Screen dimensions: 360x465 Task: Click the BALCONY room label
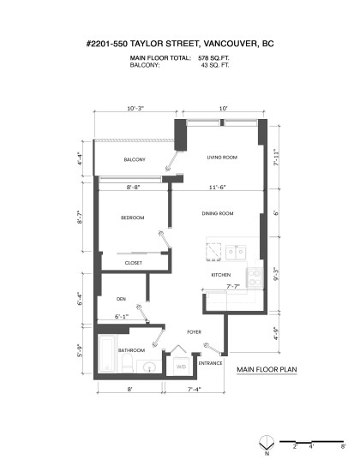135,159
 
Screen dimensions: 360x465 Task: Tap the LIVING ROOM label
222,158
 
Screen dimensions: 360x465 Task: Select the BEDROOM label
132,218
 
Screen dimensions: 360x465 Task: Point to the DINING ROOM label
218,213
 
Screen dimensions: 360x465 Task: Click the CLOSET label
133,263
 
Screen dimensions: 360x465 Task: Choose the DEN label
121,299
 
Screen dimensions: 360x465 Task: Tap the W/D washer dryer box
182,367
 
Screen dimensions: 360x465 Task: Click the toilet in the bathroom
129,362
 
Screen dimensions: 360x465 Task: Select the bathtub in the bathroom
107,354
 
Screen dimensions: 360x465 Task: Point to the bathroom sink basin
149,367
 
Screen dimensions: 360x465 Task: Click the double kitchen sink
236,253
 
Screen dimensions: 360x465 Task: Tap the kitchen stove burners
255,277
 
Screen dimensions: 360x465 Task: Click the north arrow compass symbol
267,444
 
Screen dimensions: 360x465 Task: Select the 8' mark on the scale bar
343,447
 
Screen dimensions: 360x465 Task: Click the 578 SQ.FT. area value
213,58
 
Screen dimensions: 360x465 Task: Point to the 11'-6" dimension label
217,188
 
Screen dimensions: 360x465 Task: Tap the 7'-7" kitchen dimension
233,287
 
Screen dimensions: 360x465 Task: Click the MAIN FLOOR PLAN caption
267,369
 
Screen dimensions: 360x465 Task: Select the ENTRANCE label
210,363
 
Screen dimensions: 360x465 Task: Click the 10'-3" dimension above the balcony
135,108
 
